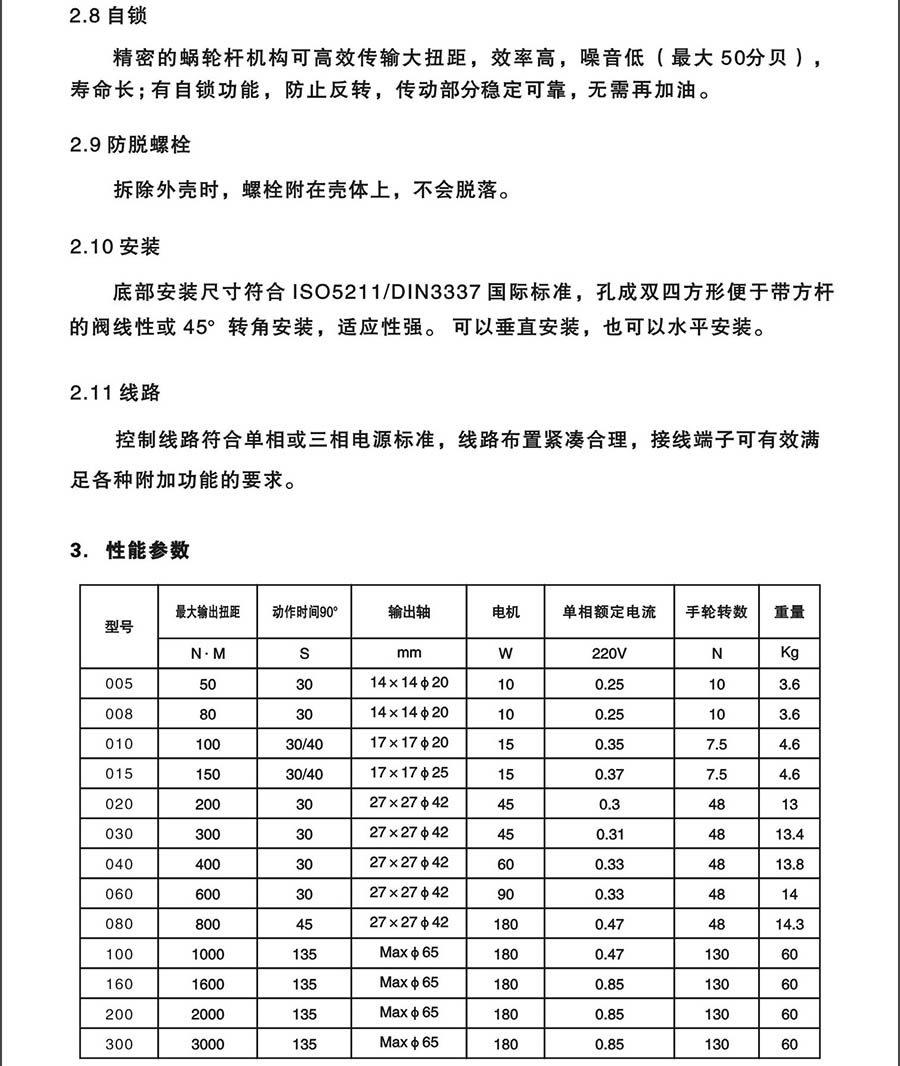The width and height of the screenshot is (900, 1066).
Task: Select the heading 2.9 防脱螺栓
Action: pos(131,145)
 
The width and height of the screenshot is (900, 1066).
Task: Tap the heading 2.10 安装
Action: pos(115,247)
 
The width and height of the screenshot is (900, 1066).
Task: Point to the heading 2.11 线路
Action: pos(115,392)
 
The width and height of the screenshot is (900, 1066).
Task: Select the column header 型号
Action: pos(119,627)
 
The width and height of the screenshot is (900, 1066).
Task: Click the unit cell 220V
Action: pos(609,654)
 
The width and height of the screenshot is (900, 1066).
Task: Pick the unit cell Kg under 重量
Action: pos(789,654)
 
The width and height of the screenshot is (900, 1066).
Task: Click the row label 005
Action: pos(119,684)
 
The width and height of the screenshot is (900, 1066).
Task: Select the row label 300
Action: pos(119,1044)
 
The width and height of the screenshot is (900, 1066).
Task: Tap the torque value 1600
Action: pos(208,984)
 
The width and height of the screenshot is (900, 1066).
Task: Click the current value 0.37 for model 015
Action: pos(609,775)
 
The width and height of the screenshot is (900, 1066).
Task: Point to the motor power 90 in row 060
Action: pos(506,895)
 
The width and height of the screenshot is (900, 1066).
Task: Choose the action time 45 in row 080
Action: pos(305,925)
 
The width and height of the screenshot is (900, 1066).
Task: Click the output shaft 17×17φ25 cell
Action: pos(409,774)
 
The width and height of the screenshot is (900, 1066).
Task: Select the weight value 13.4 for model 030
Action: pos(789,835)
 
